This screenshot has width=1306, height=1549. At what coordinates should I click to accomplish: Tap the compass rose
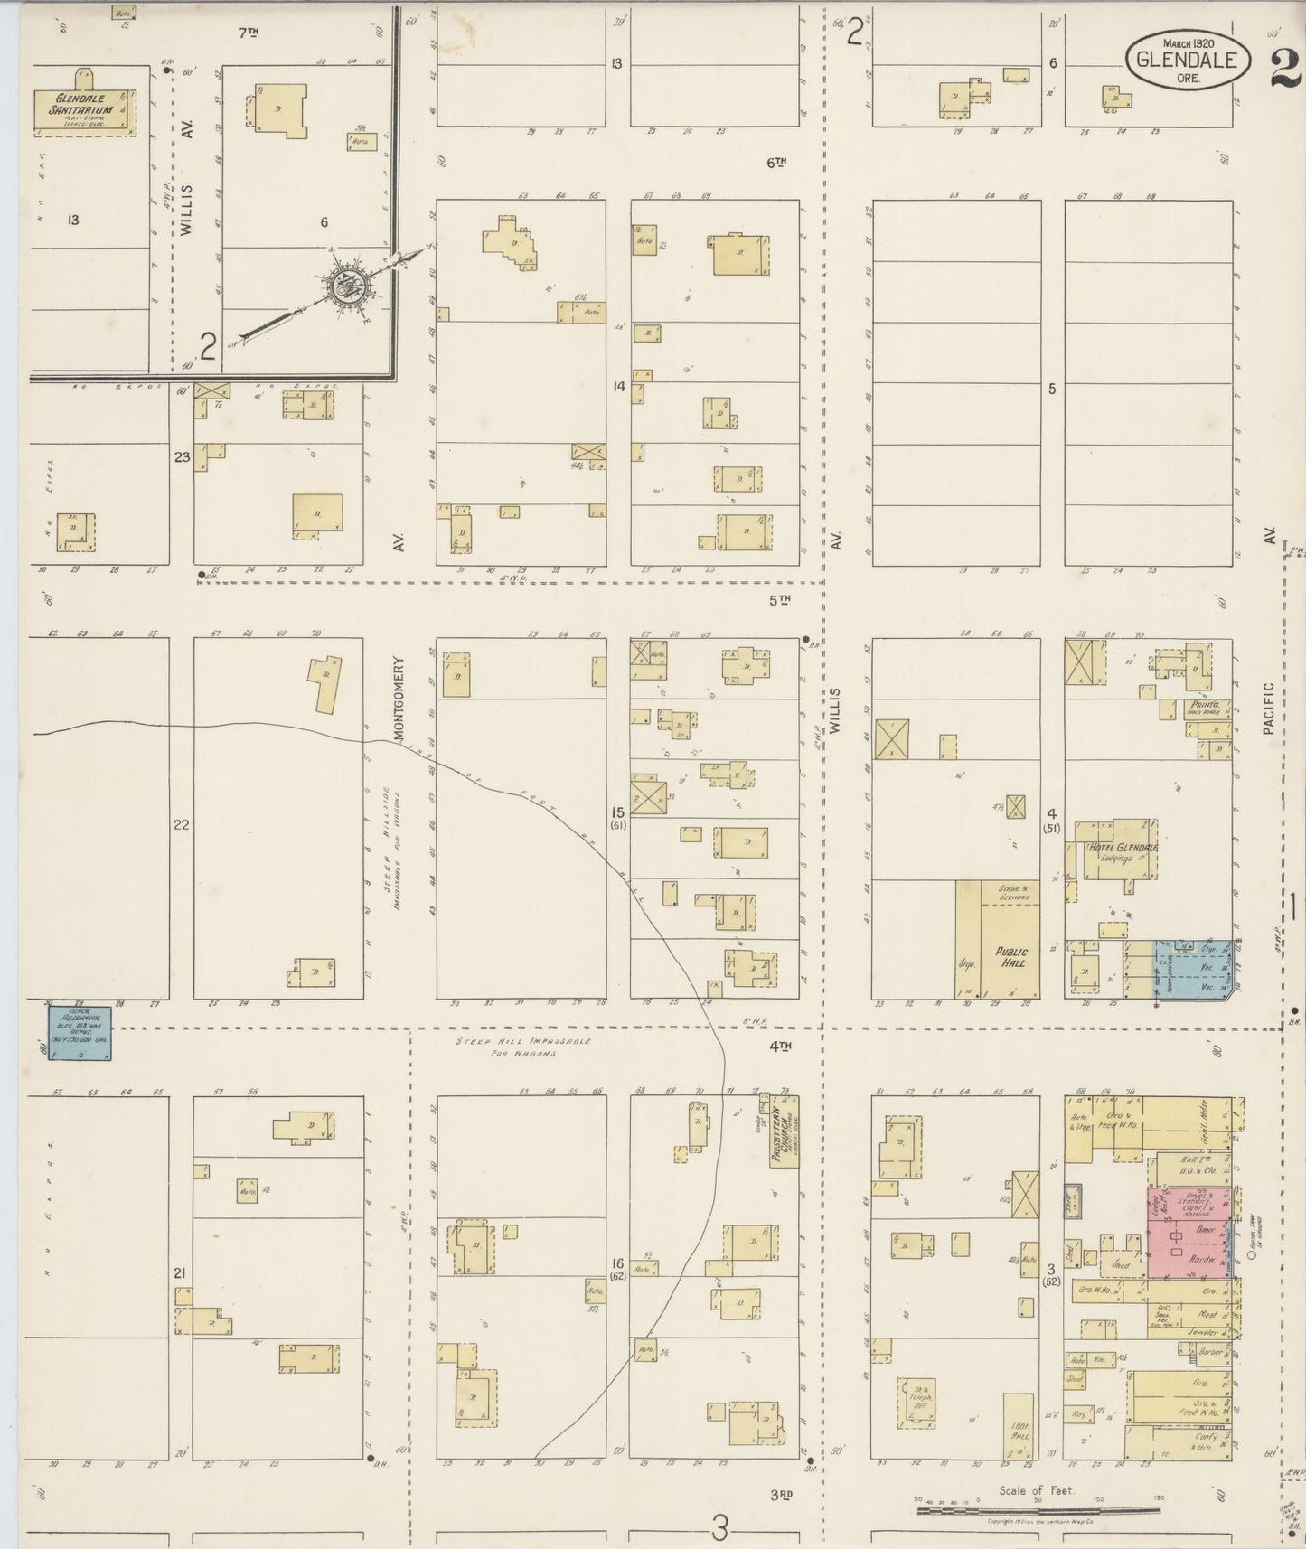pyautogui.click(x=345, y=286)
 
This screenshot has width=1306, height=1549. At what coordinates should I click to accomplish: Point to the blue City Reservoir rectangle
pyautogui.click(x=80, y=1032)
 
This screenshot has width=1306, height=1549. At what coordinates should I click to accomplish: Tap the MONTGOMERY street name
pyautogui.click(x=398, y=699)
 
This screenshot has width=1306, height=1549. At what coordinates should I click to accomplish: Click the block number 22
pyautogui.click(x=182, y=824)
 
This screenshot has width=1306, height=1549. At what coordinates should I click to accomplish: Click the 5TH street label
pyautogui.click(x=779, y=599)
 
